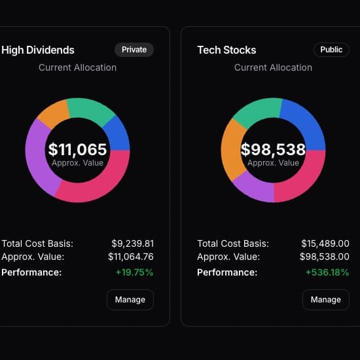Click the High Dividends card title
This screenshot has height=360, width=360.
[38, 50]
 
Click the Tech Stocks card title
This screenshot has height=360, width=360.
[226, 50]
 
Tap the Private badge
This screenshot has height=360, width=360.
[134, 50]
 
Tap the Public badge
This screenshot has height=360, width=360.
[331, 50]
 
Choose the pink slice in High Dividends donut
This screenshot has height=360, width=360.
[98, 187]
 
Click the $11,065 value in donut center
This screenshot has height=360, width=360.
[77, 150]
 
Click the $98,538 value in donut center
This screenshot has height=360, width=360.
[273, 150]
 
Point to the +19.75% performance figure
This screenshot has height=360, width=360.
[134, 272]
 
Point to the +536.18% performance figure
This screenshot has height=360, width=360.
[327, 272]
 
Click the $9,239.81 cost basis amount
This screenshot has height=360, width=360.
[132, 243]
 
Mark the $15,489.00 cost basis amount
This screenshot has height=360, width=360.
[325, 243]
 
